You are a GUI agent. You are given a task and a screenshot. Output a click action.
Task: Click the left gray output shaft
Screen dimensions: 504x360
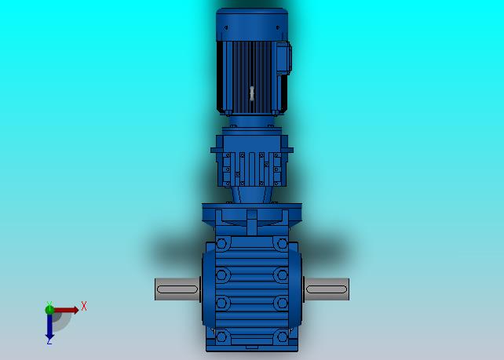(177, 289)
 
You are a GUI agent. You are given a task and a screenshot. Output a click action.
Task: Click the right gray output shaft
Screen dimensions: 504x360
(327, 289)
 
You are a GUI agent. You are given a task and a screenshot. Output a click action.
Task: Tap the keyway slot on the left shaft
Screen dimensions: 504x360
(177, 289)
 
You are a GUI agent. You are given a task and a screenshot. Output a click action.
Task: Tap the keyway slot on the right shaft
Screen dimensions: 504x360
(327, 289)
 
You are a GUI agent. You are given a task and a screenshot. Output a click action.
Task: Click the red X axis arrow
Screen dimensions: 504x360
(66, 311)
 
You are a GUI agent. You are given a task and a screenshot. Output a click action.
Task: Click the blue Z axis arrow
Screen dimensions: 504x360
(49, 326)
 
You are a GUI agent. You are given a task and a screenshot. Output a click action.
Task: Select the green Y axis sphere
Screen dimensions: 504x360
(49, 310)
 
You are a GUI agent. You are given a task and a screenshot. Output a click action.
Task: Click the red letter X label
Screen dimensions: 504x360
(84, 306)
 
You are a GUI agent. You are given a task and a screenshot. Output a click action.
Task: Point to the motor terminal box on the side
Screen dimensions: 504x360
(283, 58)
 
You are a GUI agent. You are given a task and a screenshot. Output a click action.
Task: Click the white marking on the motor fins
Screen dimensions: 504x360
(252, 93)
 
